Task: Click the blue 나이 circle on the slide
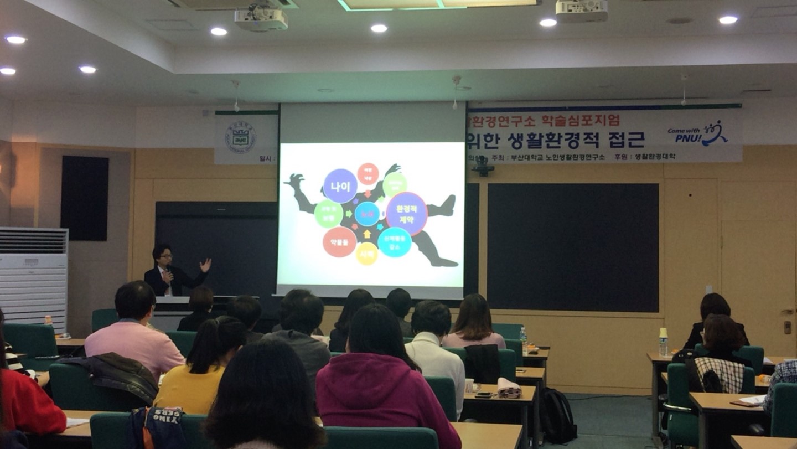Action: (x=340, y=185)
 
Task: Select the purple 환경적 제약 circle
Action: (x=407, y=214)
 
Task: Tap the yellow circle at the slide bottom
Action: (x=367, y=253)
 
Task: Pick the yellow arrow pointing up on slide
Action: (x=367, y=234)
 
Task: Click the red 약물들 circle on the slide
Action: (x=339, y=242)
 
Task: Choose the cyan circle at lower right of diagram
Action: (x=395, y=242)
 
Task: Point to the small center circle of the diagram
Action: (x=367, y=214)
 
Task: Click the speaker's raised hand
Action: (x=205, y=265)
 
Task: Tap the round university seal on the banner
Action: (x=240, y=137)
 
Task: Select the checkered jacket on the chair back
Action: (x=720, y=375)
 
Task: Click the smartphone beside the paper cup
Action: (x=483, y=395)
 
